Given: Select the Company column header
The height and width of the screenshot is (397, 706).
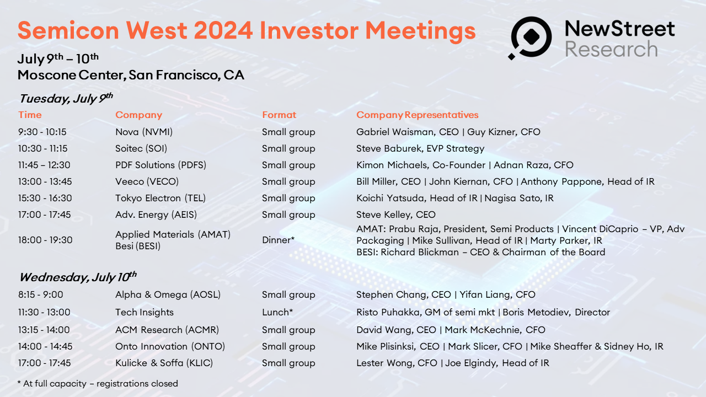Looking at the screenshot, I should (138, 115).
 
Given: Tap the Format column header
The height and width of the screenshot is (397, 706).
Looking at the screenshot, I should (279, 115).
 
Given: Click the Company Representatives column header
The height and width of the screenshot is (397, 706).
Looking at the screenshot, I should (417, 115).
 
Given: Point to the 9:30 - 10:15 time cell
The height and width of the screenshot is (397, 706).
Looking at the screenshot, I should (41, 132).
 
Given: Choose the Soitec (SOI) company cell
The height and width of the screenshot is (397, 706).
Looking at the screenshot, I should (141, 148).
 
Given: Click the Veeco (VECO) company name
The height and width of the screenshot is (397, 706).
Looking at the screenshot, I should (147, 181).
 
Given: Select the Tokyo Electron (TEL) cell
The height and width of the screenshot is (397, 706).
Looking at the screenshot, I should (156, 198).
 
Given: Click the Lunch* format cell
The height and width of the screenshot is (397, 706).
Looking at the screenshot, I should (277, 312).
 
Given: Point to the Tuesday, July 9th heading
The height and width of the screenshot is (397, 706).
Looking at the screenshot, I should (66, 99).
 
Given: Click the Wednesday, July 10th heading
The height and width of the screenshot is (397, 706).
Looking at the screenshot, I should (77, 277).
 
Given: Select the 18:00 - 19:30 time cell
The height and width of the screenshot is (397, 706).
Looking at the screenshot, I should (45, 240).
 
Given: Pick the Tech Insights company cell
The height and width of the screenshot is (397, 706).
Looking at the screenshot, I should (145, 312).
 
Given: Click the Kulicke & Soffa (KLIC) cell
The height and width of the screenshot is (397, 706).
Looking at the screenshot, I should (164, 363).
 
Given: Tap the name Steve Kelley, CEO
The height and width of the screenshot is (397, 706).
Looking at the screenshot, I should (395, 214).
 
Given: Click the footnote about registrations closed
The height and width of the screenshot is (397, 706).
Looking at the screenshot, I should (98, 383).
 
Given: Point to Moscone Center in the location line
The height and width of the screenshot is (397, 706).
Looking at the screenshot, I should (71, 74).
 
